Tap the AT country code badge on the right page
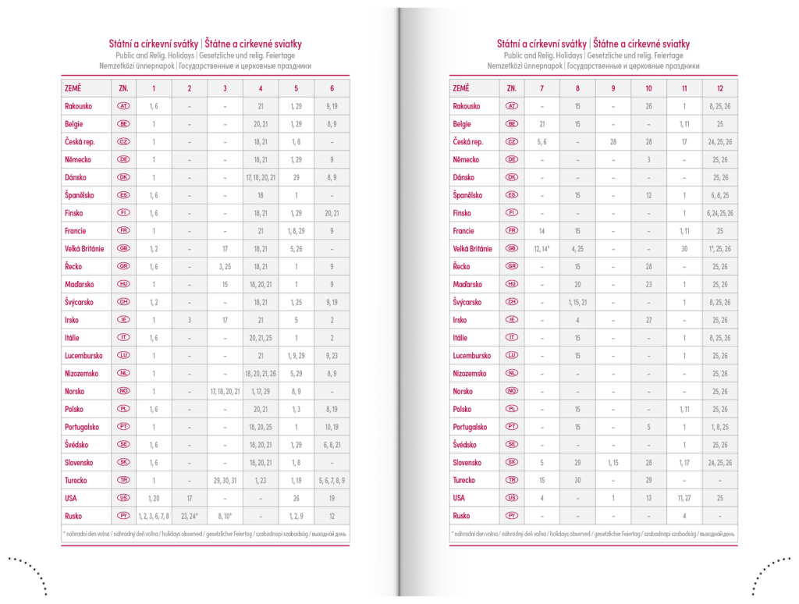tap(512, 106)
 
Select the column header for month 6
tap(332, 88)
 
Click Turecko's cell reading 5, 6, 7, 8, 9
tap(332, 481)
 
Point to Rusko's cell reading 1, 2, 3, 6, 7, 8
tap(154, 516)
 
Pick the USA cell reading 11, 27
tap(684, 498)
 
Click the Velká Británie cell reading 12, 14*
tap(542, 249)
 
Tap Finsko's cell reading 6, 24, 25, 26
tap(719, 213)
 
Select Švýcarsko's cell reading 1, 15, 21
tap(577, 302)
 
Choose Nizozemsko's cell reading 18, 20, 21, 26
tap(261, 374)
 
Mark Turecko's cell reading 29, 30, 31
tap(225, 481)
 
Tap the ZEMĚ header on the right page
tap(461, 88)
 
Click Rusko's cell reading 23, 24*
tap(190, 516)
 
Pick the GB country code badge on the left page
tap(123, 249)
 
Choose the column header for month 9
tap(613, 88)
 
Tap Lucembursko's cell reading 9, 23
tap(332, 356)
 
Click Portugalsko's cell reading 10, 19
tap(332, 427)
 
